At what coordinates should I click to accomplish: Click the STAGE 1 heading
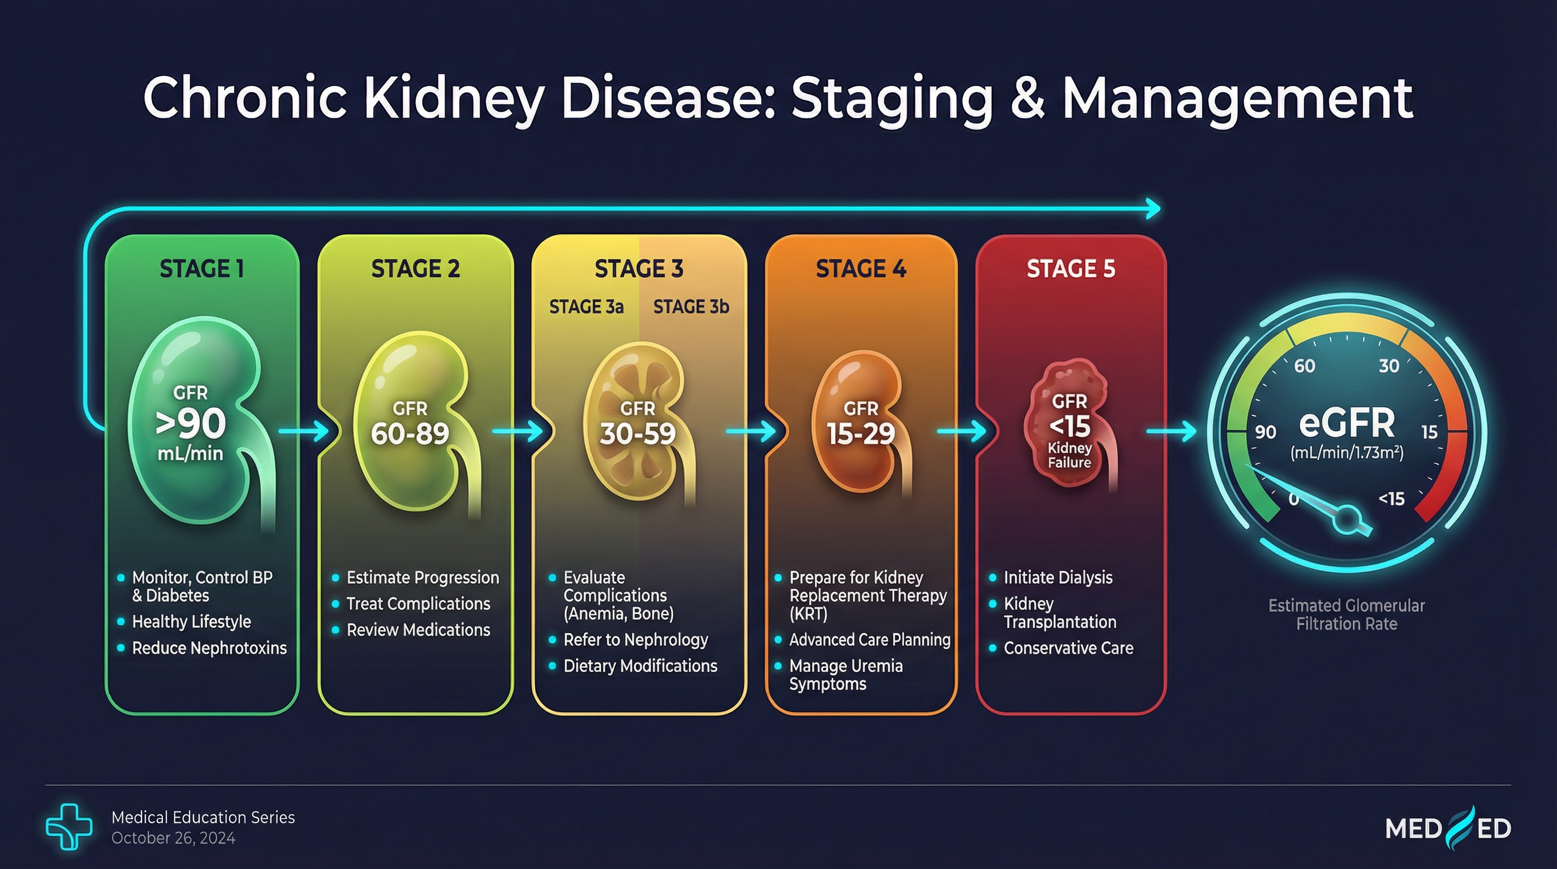click(x=202, y=269)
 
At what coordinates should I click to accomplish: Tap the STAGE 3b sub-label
click(x=691, y=307)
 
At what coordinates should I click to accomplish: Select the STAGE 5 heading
click(x=1070, y=269)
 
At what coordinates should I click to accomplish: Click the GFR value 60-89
click(x=410, y=433)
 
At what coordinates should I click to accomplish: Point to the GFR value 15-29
click(x=861, y=433)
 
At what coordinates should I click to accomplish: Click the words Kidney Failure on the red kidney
click(x=1069, y=455)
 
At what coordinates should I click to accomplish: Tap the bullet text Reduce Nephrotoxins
click(x=209, y=648)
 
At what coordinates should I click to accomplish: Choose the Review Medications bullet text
click(x=418, y=630)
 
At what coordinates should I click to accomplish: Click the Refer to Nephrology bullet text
click(x=635, y=639)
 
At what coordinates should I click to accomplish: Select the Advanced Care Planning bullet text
click(x=870, y=639)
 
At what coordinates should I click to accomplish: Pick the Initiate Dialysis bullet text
click(x=1058, y=577)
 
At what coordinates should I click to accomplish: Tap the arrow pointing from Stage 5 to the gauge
click(x=1171, y=432)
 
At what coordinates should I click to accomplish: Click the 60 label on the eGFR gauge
click(x=1304, y=365)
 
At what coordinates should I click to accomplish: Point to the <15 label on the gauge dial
click(x=1391, y=498)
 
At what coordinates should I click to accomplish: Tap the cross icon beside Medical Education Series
click(x=69, y=826)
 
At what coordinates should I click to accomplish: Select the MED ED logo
click(x=1448, y=828)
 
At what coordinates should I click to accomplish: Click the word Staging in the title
click(x=892, y=98)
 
